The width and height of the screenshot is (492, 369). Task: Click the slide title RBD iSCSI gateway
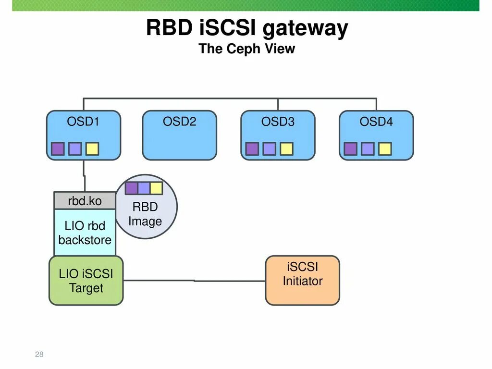pyautogui.click(x=246, y=28)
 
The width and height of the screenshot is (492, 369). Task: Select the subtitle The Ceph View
pyautogui.click(x=246, y=49)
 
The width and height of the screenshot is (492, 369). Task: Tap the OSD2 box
pyautogui.click(x=179, y=135)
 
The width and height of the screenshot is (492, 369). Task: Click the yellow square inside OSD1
pyautogui.click(x=92, y=149)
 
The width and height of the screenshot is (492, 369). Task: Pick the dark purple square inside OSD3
pyautogui.click(x=252, y=149)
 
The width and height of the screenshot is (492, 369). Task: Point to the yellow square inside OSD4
pyautogui.click(x=385, y=149)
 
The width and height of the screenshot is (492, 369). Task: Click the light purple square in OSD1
pyautogui.click(x=75, y=149)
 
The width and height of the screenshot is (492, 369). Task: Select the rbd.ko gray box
pyautogui.click(x=85, y=201)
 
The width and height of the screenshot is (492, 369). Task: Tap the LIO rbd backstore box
pyautogui.click(x=85, y=233)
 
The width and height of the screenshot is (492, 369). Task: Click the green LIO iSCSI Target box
pyautogui.click(x=86, y=281)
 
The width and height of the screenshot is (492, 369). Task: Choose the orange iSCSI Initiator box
pyautogui.click(x=303, y=281)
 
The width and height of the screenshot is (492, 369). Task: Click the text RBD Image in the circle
pyautogui.click(x=145, y=214)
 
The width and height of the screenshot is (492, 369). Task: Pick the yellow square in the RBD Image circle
pyautogui.click(x=156, y=188)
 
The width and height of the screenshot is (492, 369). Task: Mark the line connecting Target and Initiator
pyautogui.click(x=194, y=281)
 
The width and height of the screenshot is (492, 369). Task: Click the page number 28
pyautogui.click(x=39, y=355)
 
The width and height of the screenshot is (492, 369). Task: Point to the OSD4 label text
pyautogui.click(x=376, y=122)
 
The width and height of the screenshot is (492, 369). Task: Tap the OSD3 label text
pyautogui.click(x=278, y=122)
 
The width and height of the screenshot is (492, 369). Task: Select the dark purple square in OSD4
pyautogui.click(x=351, y=149)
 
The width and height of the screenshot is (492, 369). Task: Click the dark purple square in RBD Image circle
pyautogui.click(x=132, y=188)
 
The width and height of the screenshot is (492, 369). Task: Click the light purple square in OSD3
pyautogui.click(x=269, y=149)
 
